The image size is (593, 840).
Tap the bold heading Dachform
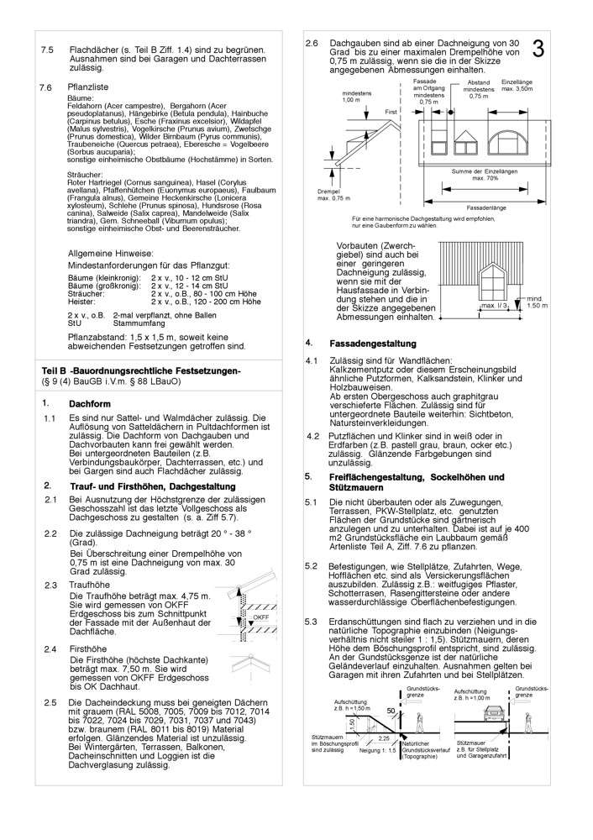click(90, 403)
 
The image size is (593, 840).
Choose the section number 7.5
click(47, 50)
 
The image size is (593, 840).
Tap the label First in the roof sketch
click(391, 112)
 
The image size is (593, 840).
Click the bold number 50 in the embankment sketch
click(391, 711)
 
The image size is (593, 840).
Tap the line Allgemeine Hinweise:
click(110, 252)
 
